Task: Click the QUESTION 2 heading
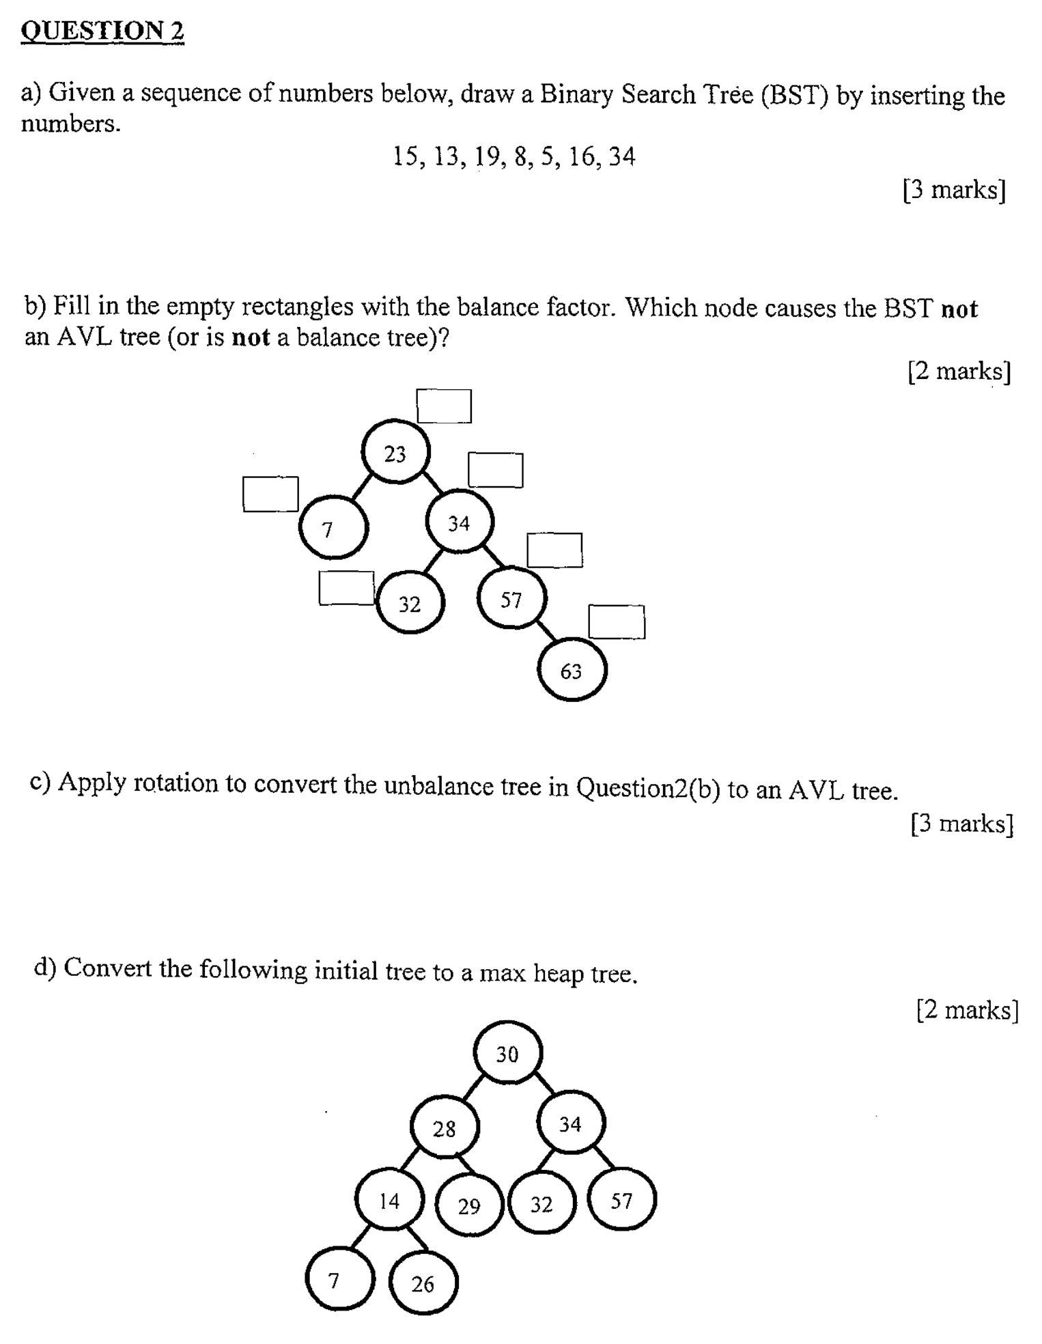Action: [x=102, y=31]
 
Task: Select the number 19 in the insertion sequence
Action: [x=488, y=157]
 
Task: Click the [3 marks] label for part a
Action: [x=954, y=190]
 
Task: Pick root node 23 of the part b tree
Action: [x=395, y=453]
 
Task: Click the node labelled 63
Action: [x=572, y=671]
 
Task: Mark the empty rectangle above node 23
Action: [x=444, y=406]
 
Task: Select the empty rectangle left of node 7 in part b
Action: [x=270, y=494]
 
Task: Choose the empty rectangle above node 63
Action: [x=617, y=622]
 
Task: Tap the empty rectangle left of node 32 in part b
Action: [x=346, y=588]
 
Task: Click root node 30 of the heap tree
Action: [x=507, y=1054]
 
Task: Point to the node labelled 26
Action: [x=423, y=1284]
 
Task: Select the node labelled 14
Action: [x=389, y=1201]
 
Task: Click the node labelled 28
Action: [x=445, y=1128]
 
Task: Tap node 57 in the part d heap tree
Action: [x=621, y=1201]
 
